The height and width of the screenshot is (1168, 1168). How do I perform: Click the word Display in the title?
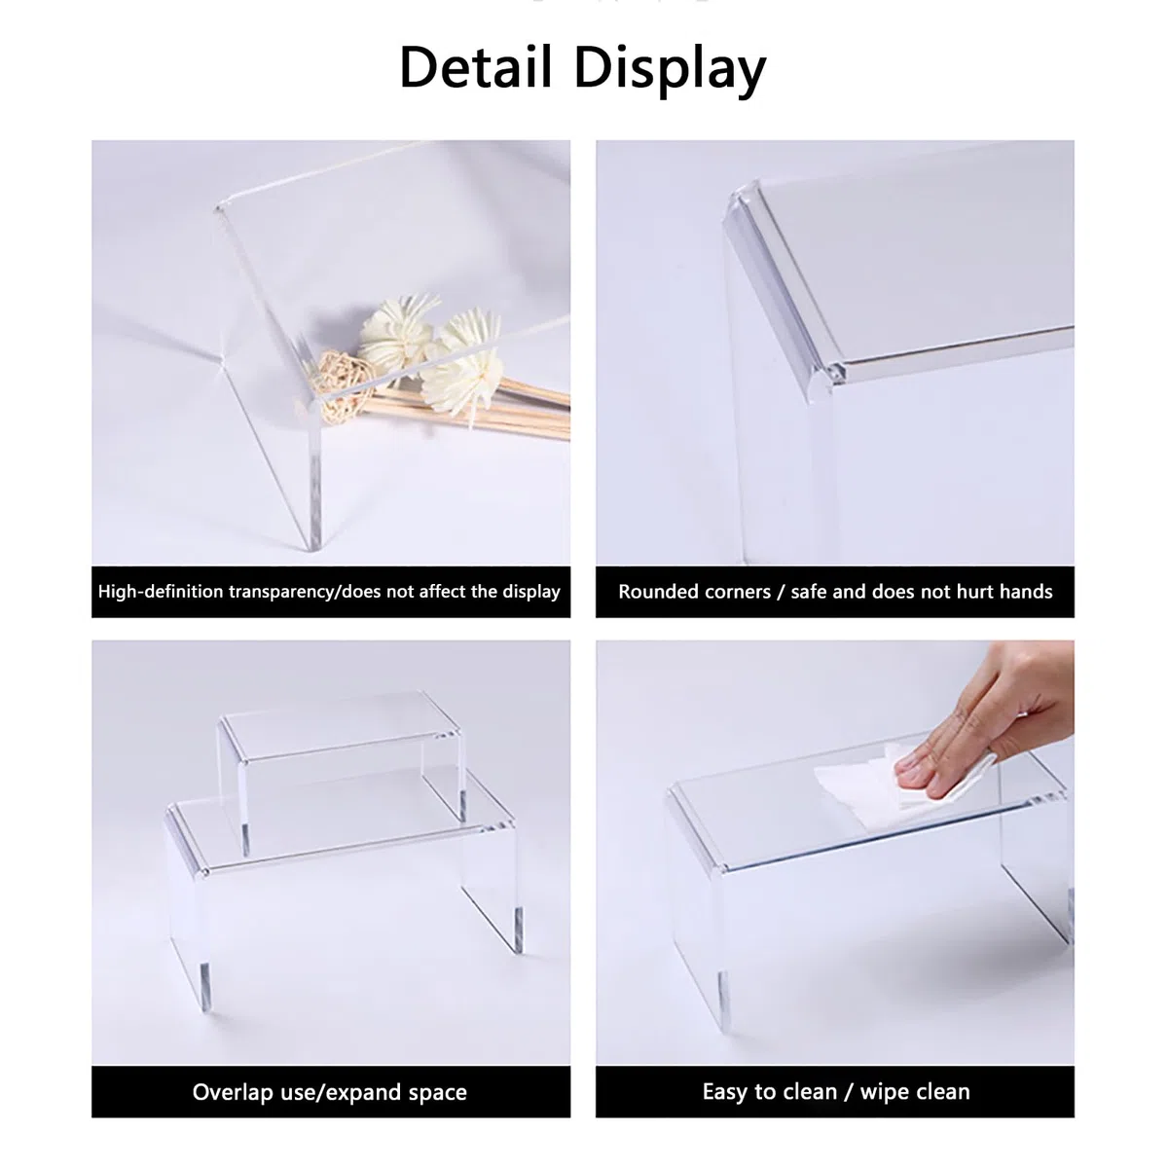[671, 71]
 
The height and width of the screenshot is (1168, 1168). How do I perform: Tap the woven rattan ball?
[341, 386]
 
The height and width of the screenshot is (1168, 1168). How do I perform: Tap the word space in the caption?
[438, 1094]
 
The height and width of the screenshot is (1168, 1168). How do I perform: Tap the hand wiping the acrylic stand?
[985, 724]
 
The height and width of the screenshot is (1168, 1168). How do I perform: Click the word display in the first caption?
[531, 592]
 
